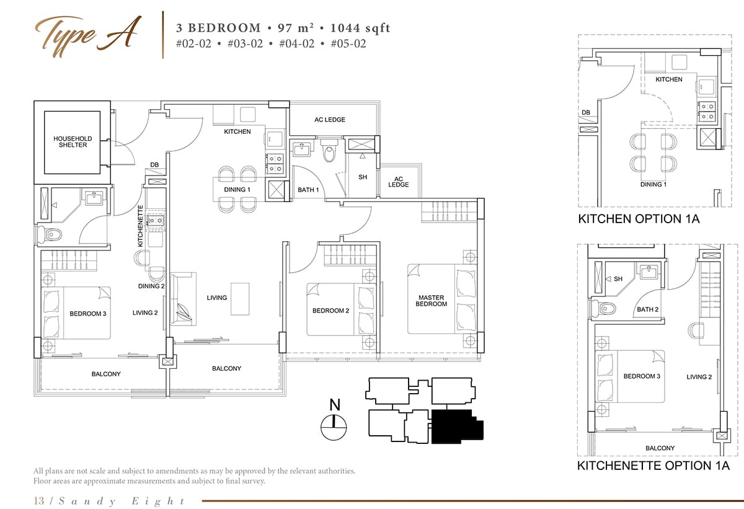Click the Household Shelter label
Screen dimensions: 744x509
click(x=73, y=142)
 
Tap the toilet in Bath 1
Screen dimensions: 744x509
click(x=329, y=151)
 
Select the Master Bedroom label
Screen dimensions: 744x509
click(x=431, y=301)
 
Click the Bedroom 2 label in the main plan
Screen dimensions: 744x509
click(x=330, y=311)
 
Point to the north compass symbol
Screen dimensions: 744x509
click(x=334, y=427)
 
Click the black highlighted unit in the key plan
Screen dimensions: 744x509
click(x=458, y=427)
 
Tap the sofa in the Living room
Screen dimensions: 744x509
click(x=183, y=298)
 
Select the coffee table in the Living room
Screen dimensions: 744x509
click(x=240, y=299)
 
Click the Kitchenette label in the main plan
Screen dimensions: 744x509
click(x=141, y=226)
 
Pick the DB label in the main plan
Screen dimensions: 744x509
click(x=154, y=165)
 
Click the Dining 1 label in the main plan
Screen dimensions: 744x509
click(x=237, y=190)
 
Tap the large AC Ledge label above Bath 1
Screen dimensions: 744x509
click(x=330, y=120)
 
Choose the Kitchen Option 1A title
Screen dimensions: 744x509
click(x=639, y=219)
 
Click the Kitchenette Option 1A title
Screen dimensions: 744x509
click(x=653, y=466)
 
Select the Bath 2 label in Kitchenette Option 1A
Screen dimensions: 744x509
click(x=647, y=309)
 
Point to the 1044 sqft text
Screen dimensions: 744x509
click(x=360, y=28)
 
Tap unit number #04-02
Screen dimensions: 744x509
click(x=296, y=44)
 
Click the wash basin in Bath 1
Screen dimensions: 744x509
click(x=301, y=149)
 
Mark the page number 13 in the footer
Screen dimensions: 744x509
click(x=38, y=501)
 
